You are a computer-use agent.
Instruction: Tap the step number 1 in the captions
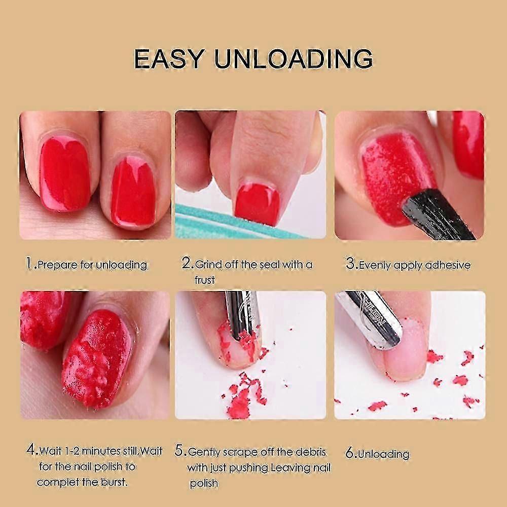[29, 263]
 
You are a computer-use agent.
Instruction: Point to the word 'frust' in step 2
[205, 280]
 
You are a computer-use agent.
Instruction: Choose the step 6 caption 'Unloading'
[384, 454]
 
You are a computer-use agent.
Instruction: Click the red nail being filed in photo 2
[258, 204]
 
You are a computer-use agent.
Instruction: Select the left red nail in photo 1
[65, 174]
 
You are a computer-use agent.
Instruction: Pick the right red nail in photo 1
[133, 193]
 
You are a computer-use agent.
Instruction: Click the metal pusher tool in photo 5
[243, 315]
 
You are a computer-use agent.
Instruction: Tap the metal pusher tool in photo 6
[372, 318]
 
